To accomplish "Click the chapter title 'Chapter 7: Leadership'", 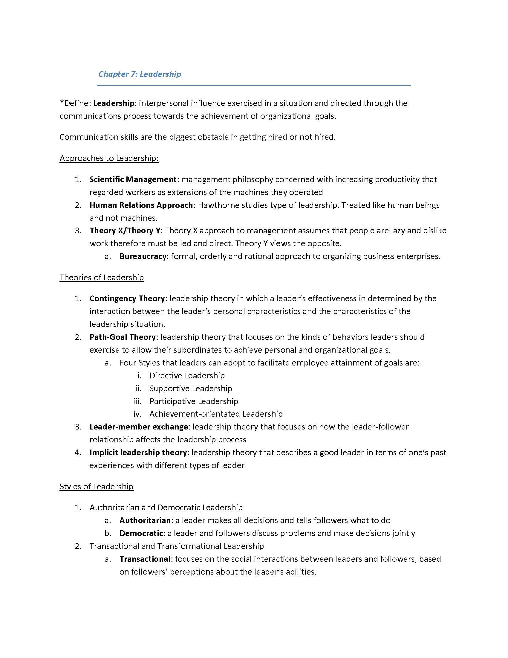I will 140,74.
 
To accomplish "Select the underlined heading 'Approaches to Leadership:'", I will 109,158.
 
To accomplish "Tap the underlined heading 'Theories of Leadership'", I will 101,277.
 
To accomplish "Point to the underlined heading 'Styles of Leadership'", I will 96,486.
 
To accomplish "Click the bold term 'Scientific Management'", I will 133,179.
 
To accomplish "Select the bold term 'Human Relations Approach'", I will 141,205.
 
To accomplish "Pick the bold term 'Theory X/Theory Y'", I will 125,231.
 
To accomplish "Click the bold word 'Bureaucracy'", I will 143,256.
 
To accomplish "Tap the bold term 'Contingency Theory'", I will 127,298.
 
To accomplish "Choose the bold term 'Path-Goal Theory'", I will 122,337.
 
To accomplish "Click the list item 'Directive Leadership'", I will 187,375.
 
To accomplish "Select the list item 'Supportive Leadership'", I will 191,388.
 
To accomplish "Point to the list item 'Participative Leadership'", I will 194,401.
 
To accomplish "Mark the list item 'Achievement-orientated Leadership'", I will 216,414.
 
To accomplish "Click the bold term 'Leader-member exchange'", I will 139,427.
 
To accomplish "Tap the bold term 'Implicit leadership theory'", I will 138,453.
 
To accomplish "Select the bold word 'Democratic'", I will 141,533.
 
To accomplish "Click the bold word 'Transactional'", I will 145,559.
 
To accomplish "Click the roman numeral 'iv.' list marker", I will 137,414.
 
